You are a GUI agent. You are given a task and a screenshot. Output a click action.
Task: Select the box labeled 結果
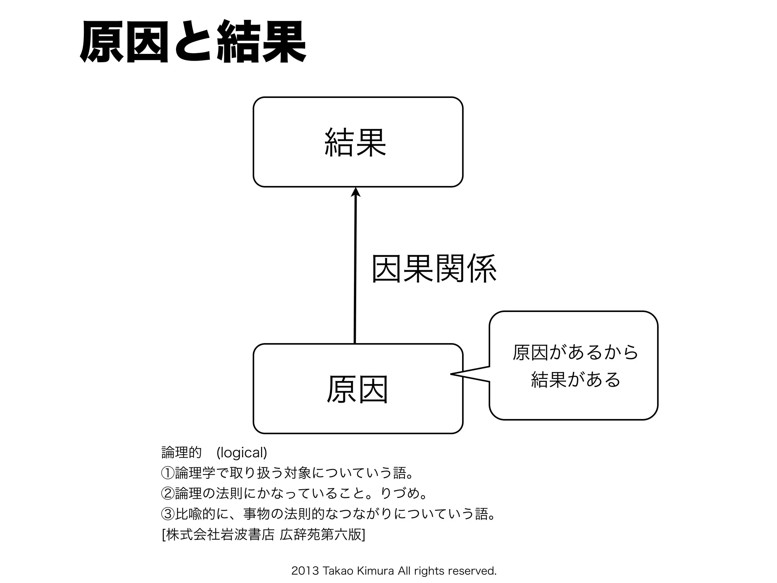pos(358,142)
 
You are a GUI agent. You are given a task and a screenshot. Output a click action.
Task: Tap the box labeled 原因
pos(358,389)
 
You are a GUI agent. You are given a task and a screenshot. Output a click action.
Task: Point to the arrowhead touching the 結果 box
pos(355,192)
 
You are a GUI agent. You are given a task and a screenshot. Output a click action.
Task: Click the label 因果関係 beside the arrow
pos(434,269)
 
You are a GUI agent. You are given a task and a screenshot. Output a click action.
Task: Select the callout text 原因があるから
pos(575,352)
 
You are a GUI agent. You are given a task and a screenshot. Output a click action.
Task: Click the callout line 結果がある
pos(575,380)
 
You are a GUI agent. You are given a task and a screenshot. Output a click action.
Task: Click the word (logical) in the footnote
pos(242,452)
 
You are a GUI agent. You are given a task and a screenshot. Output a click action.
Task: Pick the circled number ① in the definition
pos(168,473)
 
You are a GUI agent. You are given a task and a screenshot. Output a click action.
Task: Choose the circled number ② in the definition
pos(168,493)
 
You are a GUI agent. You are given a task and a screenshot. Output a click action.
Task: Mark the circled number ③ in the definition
pos(168,514)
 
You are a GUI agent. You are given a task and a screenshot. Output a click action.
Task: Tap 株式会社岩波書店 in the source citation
pos(220,535)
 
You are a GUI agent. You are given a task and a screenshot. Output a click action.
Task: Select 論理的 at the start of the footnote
pos(181,452)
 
